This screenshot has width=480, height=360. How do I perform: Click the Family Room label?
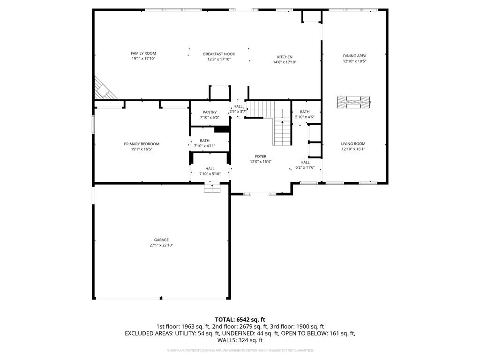143,53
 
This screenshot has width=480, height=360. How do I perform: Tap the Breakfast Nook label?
219,54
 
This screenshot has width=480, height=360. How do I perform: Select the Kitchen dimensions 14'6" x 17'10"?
285,62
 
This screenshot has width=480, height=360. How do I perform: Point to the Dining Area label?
354,56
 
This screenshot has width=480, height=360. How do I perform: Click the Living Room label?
353,144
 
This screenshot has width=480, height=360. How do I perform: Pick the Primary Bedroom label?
142,144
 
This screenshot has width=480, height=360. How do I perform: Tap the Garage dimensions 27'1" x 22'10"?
161,245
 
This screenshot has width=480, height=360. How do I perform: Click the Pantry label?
210,112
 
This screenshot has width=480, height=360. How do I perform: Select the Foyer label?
261,157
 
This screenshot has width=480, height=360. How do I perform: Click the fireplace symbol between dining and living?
353,101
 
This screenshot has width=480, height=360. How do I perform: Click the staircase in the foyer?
281,131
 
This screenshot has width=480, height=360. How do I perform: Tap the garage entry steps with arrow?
212,187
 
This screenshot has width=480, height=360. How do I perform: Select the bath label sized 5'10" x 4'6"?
305,112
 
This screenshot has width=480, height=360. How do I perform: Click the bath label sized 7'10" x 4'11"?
205,141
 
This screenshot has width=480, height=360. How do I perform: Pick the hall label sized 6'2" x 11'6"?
305,162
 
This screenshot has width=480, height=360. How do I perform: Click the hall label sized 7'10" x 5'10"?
210,169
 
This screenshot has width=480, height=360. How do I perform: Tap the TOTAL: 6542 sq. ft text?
240,319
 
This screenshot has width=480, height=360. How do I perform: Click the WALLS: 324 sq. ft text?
240,340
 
